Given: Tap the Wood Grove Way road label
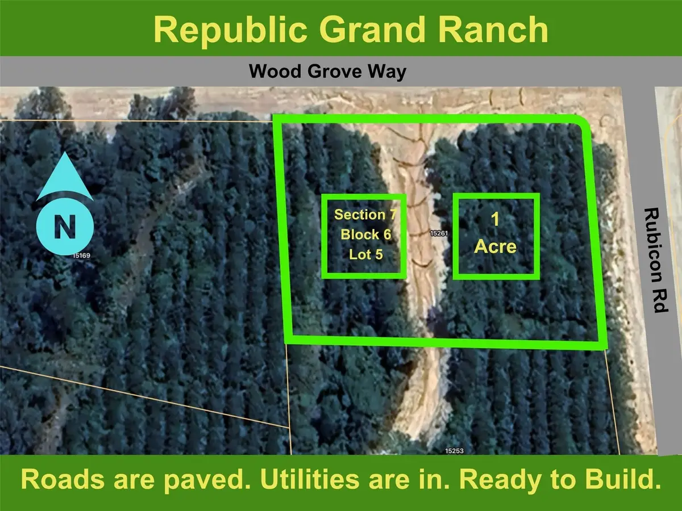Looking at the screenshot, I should tap(328, 72).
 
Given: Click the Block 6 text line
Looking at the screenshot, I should tap(366, 234).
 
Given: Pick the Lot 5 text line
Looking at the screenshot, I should tap(366, 254).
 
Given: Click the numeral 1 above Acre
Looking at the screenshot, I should tap(495, 220).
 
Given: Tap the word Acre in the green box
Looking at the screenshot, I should tap(496, 247).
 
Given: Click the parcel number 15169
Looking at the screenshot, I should tap(81, 256).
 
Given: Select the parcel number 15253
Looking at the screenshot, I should tap(455, 451).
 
